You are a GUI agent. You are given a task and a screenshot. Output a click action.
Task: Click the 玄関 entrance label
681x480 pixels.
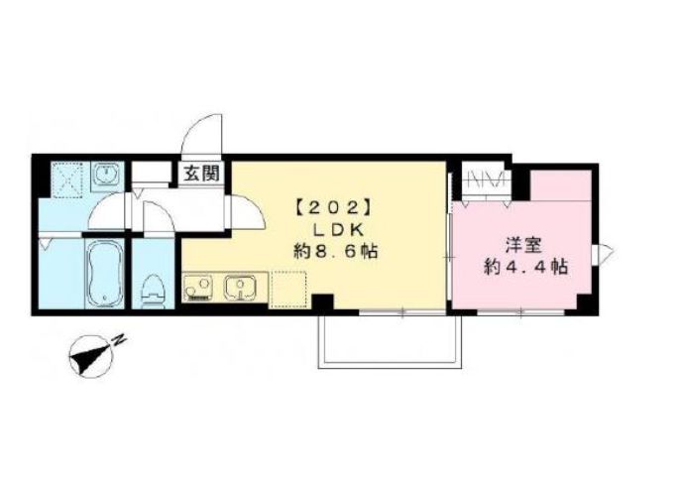[200, 174]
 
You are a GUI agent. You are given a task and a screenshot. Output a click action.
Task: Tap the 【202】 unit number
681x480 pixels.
[334, 208]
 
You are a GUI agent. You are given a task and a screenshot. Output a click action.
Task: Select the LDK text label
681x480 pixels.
[338, 230]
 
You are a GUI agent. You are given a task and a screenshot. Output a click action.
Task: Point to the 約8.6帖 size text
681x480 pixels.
[335, 252]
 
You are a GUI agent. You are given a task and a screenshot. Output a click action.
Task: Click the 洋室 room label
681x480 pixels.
[523, 245]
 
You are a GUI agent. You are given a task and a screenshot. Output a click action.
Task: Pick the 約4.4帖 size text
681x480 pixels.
[526, 267]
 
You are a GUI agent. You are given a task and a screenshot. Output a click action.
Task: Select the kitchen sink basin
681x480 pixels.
[239, 288]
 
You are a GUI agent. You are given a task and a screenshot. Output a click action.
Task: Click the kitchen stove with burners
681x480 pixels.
[198, 288]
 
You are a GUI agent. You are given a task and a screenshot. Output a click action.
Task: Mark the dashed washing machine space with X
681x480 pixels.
[66, 180]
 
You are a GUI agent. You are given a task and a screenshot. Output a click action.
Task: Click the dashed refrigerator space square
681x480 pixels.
[288, 290]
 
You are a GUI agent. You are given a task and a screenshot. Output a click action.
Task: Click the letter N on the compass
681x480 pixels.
[119, 340]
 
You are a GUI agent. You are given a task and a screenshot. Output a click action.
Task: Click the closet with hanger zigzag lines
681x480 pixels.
[485, 181]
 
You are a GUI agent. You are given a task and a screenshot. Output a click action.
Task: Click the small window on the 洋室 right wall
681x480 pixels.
[603, 252]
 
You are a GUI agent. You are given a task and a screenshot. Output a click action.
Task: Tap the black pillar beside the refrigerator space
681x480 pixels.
[323, 302]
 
